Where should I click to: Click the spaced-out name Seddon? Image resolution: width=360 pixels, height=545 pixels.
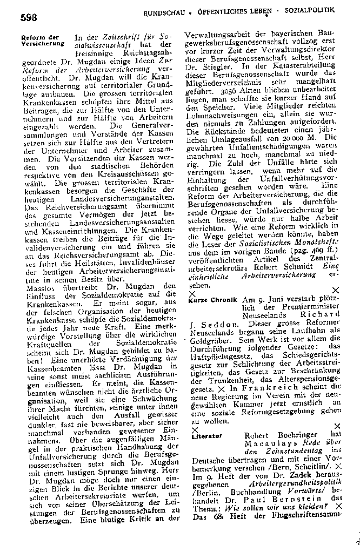click(x=215, y=325)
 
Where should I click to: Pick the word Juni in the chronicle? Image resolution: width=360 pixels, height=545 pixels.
click(x=270, y=300)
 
